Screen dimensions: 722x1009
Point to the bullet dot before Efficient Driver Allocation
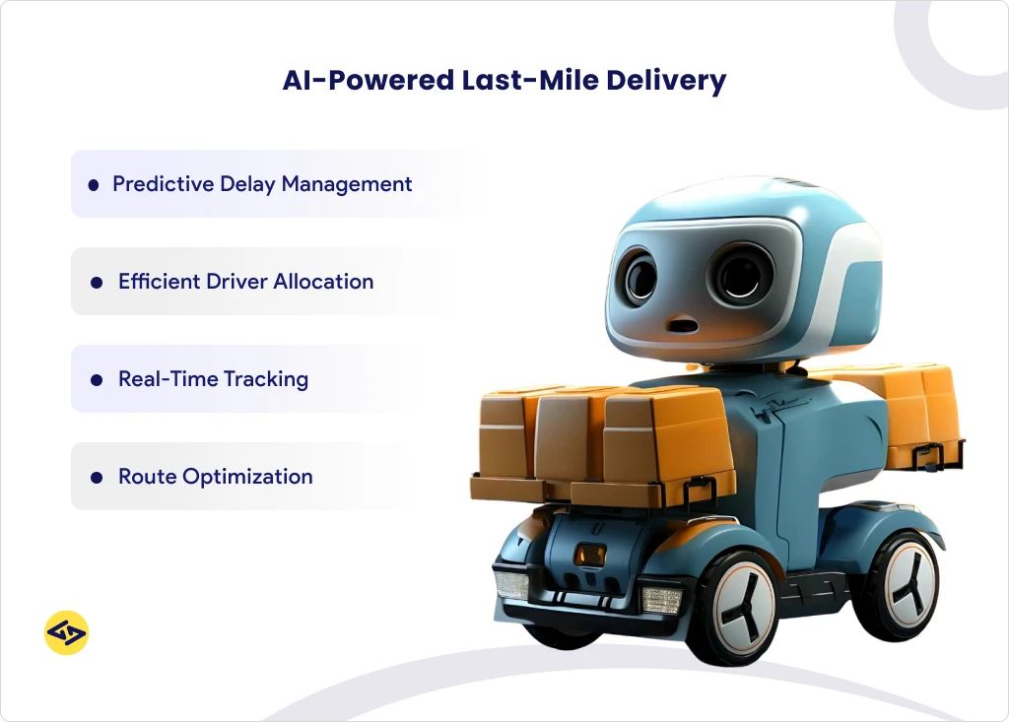[x=97, y=282]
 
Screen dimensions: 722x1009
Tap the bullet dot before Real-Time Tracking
[x=97, y=379]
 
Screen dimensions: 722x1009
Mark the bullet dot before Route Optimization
[x=97, y=477]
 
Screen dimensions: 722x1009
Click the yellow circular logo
[x=67, y=632]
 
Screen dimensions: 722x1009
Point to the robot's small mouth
[x=680, y=324]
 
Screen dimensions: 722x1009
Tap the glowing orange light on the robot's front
[x=591, y=555]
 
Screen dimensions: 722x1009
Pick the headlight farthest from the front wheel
[x=512, y=584]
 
